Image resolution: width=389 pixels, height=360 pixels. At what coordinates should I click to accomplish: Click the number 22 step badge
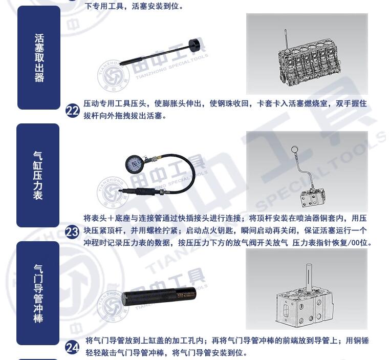tap(73, 111)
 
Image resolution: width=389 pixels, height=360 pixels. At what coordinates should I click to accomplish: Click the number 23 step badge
tap(72, 232)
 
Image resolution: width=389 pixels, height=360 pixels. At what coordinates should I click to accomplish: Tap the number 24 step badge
tap(73, 348)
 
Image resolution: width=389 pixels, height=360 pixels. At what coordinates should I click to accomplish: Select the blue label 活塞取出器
tap(39, 57)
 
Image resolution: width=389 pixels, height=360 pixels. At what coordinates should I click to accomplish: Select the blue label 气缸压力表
tap(38, 175)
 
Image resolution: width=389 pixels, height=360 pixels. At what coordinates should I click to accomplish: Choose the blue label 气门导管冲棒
tap(38, 293)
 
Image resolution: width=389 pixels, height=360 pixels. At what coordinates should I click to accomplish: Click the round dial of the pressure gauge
tap(135, 164)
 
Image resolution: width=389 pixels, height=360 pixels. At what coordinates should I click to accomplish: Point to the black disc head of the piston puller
tap(196, 45)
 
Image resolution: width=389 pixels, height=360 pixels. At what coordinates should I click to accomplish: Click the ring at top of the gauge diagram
tap(294, 149)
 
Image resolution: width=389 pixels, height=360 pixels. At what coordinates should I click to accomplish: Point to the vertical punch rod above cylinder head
tap(308, 278)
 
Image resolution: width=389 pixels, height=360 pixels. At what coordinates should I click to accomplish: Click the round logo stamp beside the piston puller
tap(113, 75)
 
